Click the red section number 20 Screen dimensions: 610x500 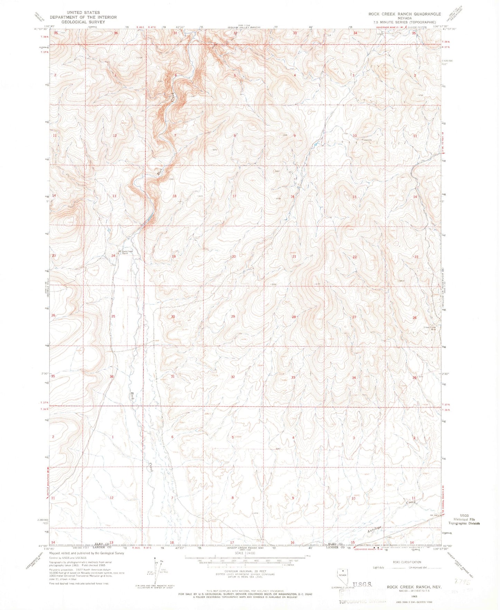pos(234,257)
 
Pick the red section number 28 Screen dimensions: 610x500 pos(294,317)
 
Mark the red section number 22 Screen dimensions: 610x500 pos(354,257)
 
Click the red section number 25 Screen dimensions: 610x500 pos(113,316)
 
